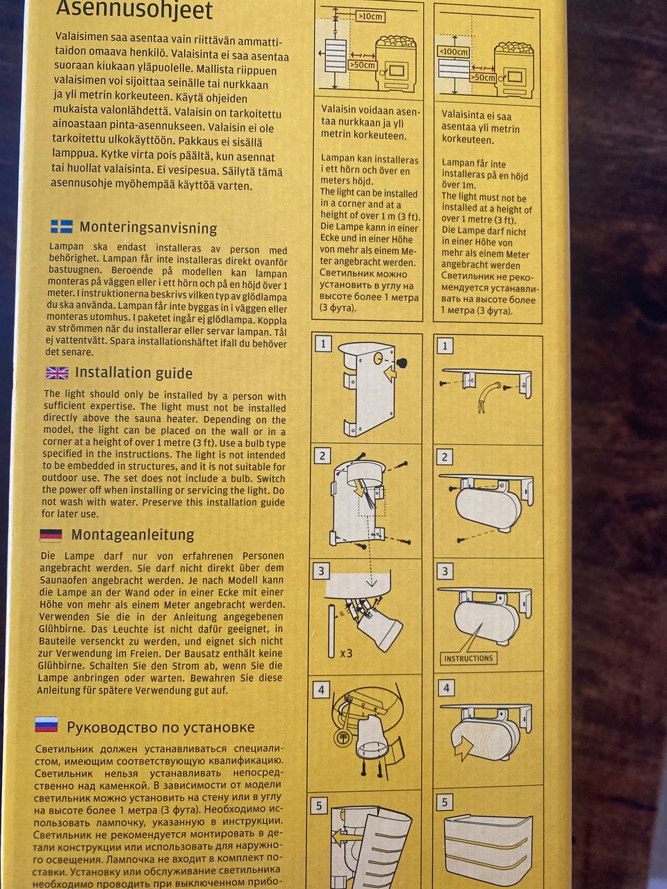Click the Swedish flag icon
(62, 226)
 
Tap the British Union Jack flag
(57, 372)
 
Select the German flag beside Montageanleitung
(51, 535)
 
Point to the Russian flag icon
(46, 724)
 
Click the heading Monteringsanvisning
(148, 228)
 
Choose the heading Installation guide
(133, 372)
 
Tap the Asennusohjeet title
(134, 10)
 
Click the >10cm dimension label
(370, 17)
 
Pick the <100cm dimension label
(454, 52)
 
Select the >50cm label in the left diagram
(363, 65)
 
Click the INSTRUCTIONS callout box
(468, 658)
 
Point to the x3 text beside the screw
(346, 654)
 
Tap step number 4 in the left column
(321, 690)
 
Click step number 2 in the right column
(445, 457)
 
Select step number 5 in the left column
(319, 806)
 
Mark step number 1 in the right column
(445, 346)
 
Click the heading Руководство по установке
(160, 727)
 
